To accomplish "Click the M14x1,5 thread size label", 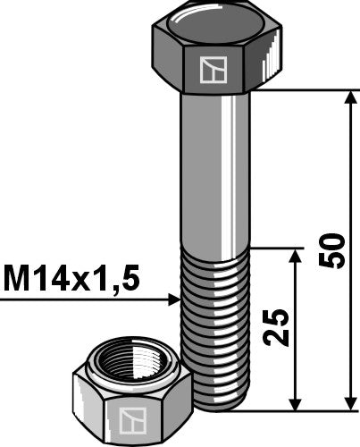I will click(x=71, y=281).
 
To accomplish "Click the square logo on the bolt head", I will click(x=213, y=70).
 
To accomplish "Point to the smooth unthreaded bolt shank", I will click(x=214, y=170).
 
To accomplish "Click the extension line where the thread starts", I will click(x=272, y=249).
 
